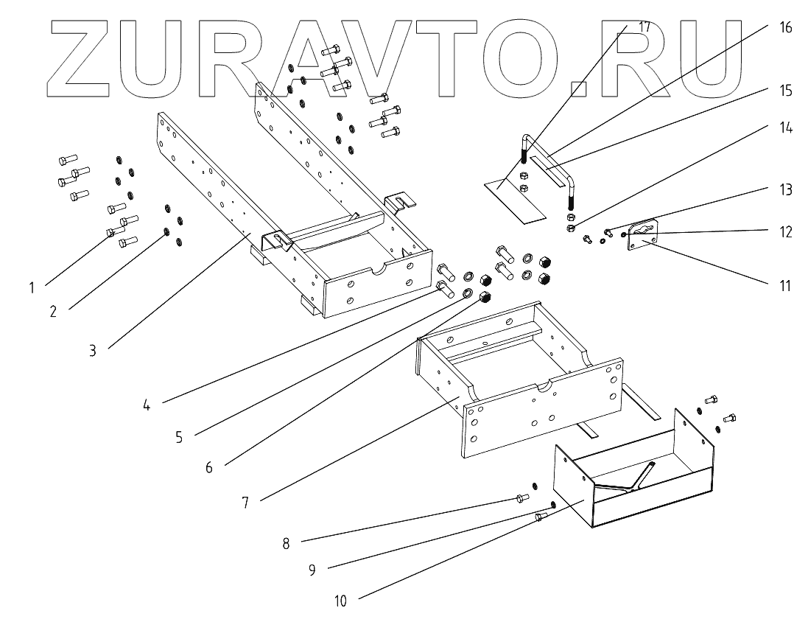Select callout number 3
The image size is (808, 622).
(93, 351)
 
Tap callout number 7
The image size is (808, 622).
(245, 503)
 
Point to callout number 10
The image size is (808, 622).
(340, 601)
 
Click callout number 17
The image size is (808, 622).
(644, 27)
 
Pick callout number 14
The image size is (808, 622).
(786, 127)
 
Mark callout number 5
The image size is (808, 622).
(178, 436)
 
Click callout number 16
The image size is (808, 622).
(785, 28)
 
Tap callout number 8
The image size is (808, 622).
(285, 544)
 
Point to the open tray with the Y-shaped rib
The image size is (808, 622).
(633, 479)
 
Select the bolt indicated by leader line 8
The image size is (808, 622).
(521, 498)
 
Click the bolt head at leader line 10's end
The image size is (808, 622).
(539, 518)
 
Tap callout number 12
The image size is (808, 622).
(786, 231)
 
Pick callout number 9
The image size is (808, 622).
(312, 569)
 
